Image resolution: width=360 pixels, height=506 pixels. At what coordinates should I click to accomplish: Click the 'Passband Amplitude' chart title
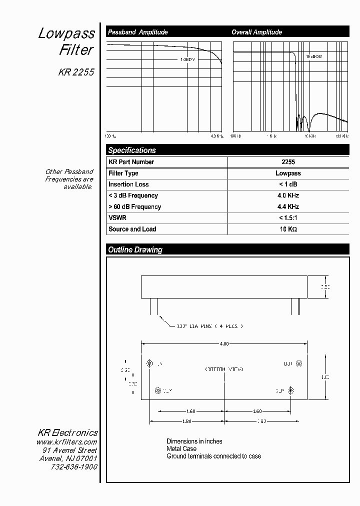coord(138,32)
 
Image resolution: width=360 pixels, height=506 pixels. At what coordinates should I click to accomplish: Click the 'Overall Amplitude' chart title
coord(256,32)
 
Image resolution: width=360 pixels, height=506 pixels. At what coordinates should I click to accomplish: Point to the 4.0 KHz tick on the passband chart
coord(217,136)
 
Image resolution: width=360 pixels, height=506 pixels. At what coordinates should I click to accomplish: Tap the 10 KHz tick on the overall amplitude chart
coord(310,136)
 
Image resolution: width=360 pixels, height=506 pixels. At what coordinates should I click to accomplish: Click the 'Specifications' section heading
coord(132,150)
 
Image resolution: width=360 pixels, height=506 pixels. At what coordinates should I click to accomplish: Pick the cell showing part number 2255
coord(288,162)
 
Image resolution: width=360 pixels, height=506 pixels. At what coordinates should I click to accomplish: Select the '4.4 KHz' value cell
coord(288,206)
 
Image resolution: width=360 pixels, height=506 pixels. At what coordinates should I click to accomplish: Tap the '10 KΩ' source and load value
coord(288,229)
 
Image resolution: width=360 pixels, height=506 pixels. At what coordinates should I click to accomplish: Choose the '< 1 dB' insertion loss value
coord(288,184)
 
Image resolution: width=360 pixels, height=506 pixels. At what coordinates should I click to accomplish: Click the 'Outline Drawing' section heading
coord(135,249)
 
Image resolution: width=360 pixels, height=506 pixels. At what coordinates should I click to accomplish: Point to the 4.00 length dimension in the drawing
coord(224,343)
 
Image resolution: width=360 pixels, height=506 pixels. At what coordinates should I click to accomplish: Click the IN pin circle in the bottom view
coord(149,363)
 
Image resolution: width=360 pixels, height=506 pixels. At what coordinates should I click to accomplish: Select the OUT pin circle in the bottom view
coord(299,363)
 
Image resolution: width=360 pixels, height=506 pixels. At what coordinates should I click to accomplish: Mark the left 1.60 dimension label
coord(190,411)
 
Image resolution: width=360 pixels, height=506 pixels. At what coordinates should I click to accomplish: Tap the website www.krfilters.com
coord(66,442)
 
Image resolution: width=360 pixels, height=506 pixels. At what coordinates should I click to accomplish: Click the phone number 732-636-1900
coord(74,466)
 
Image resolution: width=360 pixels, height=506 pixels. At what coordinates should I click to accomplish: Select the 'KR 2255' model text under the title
coord(76,72)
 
